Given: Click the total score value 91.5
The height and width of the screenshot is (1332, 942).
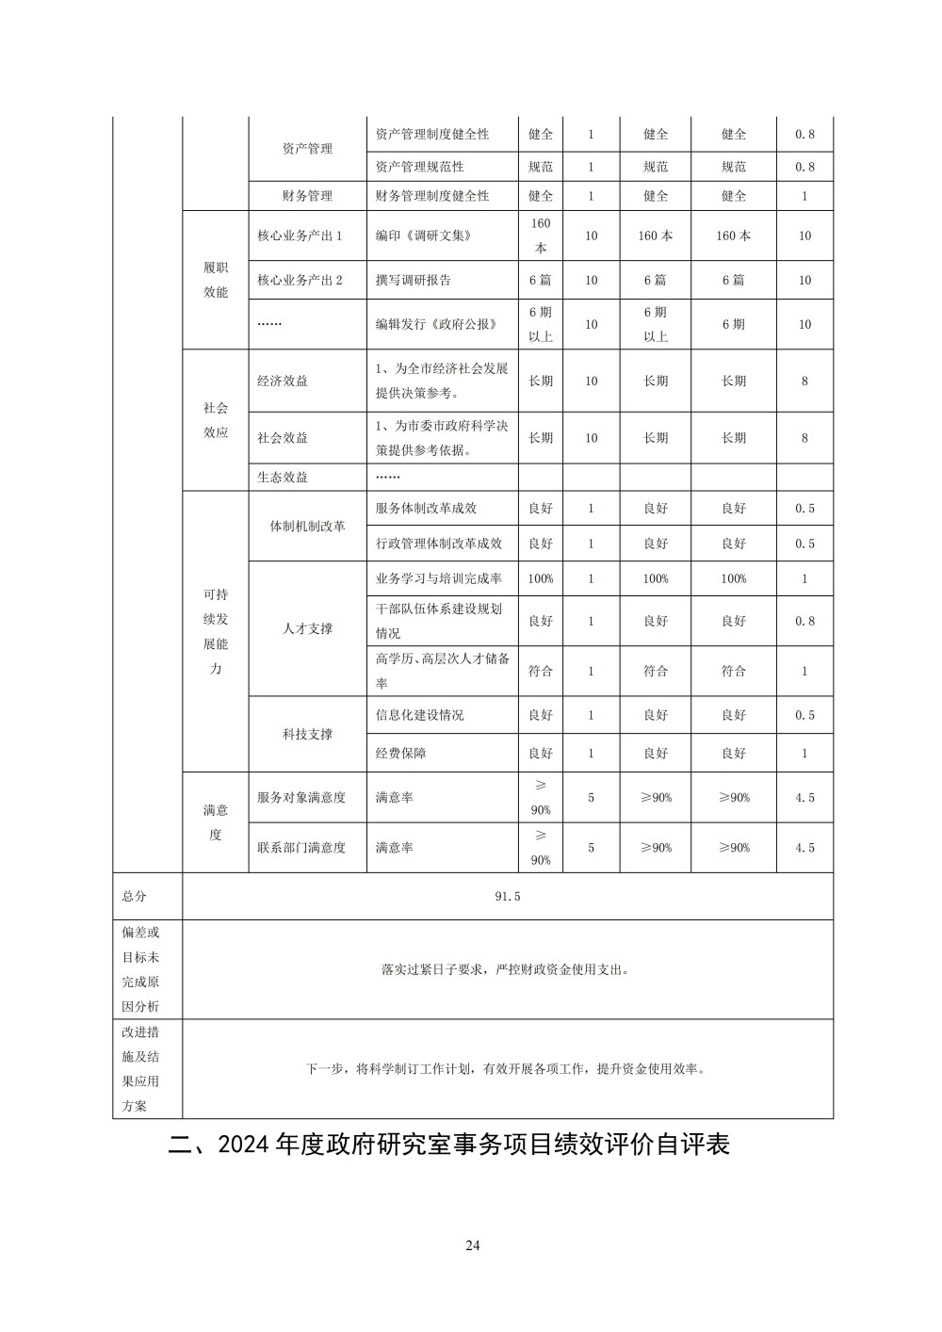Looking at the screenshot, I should click(507, 896).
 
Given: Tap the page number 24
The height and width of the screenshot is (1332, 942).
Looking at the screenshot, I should click(473, 1245).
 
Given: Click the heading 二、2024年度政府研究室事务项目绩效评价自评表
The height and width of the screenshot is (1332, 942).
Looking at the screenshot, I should click(448, 1145).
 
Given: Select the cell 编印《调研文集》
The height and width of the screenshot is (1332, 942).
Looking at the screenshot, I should click(423, 236).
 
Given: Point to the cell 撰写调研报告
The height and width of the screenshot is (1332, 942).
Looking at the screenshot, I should click(414, 280).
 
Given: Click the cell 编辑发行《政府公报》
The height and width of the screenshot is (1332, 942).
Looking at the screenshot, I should click(436, 324).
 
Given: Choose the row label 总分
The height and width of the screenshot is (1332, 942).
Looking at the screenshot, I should click(135, 896).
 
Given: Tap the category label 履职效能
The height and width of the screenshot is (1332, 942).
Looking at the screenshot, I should click(216, 280).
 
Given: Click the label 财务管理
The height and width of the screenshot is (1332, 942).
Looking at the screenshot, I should click(307, 196).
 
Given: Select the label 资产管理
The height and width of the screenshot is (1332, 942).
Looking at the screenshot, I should click(307, 149).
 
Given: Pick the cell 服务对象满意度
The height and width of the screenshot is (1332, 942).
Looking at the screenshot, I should click(301, 797).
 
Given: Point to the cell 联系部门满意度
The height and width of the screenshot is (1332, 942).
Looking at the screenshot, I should click(301, 847).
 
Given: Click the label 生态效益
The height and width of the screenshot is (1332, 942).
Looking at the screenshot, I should click(283, 477).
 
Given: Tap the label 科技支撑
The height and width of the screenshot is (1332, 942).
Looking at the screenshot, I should click(307, 734).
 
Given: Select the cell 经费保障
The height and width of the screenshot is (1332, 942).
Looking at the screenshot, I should click(401, 754).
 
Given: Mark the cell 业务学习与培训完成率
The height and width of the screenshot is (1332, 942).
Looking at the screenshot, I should click(439, 578).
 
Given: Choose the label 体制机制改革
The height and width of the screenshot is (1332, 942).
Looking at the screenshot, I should click(307, 526).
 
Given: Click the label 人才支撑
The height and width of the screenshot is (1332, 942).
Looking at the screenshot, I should click(307, 628).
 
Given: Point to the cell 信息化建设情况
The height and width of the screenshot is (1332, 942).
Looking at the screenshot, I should click(420, 715).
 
